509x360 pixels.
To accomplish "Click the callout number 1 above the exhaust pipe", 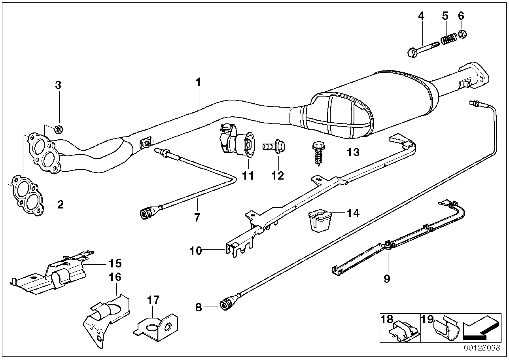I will [x=198, y=82].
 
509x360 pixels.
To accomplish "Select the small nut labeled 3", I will [x=57, y=128].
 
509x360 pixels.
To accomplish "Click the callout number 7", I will [x=197, y=217].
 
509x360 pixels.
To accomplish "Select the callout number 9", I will [x=386, y=279].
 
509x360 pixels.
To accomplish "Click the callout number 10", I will [x=195, y=250].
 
